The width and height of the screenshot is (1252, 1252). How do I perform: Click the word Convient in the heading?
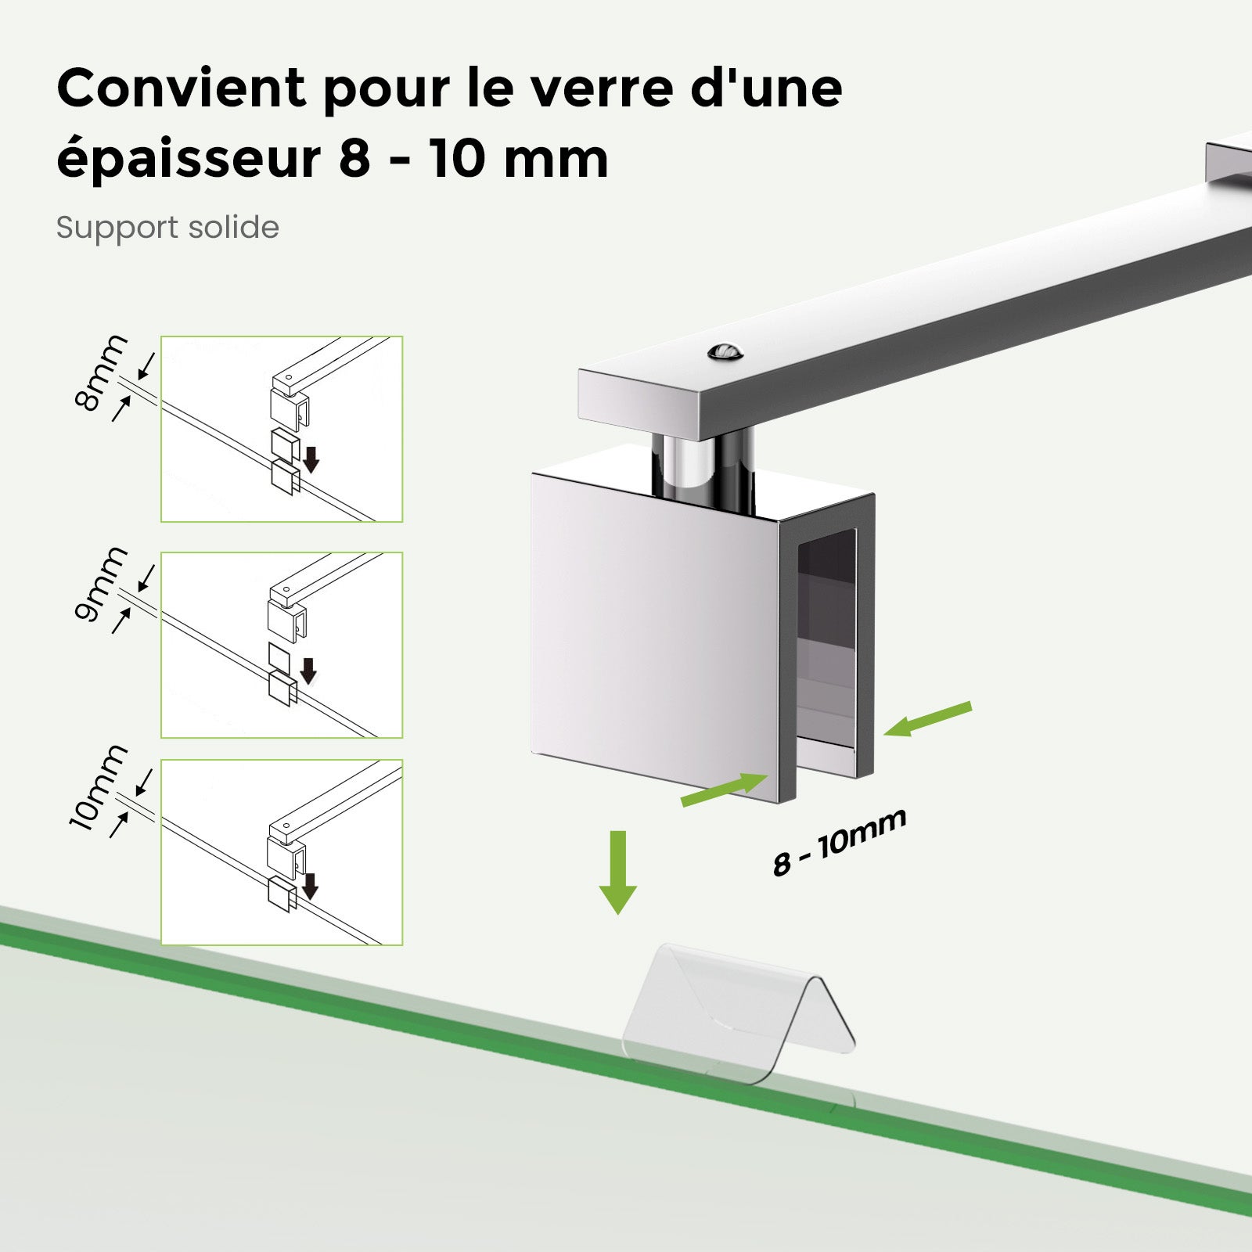pyautogui.click(x=181, y=88)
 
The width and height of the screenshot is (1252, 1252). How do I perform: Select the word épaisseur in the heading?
pyautogui.click(x=189, y=160)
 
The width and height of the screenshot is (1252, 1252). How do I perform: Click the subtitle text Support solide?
pyautogui.click(x=167, y=228)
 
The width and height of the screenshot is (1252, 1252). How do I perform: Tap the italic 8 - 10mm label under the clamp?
pyautogui.click(x=839, y=842)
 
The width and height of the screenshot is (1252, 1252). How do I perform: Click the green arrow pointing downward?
pyautogui.click(x=618, y=872)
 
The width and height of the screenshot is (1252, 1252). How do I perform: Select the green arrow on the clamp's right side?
pyautogui.click(x=928, y=718)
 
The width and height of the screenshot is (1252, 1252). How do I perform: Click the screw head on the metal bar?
pyautogui.click(x=725, y=352)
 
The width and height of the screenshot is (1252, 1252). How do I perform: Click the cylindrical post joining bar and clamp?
pyautogui.click(x=702, y=466)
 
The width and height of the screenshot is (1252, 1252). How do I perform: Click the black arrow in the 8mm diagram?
pyautogui.click(x=311, y=459)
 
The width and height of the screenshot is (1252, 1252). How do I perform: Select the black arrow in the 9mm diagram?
pyautogui.click(x=308, y=671)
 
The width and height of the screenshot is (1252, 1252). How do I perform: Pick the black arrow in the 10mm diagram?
pyautogui.click(x=310, y=886)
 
